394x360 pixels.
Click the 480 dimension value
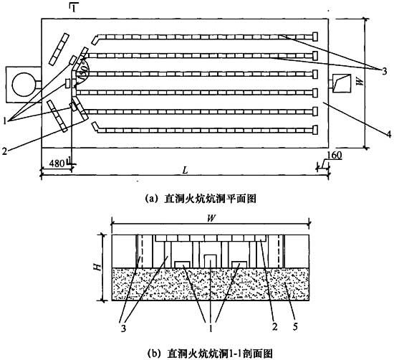tap(57, 164)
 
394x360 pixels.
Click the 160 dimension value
tap(335, 155)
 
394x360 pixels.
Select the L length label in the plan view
tap(186, 170)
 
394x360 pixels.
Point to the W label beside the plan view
tap(360, 82)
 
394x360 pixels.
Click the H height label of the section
tap(99, 267)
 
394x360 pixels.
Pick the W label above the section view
tap(211, 218)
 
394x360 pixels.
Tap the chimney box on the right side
tap(341, 82)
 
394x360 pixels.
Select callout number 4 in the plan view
tap(389, 134)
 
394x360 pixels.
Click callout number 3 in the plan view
tap(384, 71)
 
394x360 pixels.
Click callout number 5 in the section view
tap(295, 326)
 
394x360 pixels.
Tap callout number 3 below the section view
tap(123, 328)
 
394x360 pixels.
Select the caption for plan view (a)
tap(201, 199)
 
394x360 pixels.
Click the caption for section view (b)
tap(209, 354)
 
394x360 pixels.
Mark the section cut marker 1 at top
tap(73, 9)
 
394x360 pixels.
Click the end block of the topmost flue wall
tap(315, 37)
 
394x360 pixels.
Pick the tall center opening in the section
tap(211, 261)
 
